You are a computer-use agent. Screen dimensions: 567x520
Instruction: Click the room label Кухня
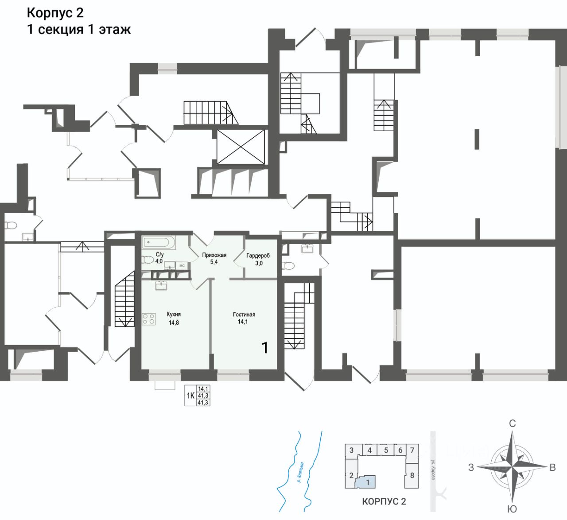click(174, 314)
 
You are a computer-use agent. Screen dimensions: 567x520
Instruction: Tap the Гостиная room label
click(244, 314)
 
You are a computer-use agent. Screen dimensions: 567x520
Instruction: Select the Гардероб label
click(258, 256)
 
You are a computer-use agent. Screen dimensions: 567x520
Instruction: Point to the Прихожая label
click(214, 255)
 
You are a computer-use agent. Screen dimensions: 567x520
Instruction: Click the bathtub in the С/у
click(159, 243)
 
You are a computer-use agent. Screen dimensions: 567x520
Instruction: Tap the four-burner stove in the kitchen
click(149, 319)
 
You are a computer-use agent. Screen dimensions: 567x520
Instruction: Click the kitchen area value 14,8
click(174, 322)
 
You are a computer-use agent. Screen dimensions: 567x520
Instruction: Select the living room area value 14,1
click(243, 322)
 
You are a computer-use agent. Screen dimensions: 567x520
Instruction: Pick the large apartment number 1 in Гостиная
click(265, 348)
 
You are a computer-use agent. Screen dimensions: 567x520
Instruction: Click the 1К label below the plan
click(190, 396)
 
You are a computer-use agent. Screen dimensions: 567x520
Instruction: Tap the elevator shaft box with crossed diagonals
click(241, 147)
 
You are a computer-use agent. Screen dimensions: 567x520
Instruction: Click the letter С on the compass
click(512, 423)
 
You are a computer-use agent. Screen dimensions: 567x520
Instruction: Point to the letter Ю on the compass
click(512, 509)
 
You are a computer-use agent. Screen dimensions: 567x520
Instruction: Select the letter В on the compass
click(552, 467)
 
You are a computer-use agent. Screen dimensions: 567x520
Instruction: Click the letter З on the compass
click(471, 467)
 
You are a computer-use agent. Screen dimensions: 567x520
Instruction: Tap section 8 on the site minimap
click(412, 475)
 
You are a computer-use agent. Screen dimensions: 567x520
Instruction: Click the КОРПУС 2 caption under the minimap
click(384, 501)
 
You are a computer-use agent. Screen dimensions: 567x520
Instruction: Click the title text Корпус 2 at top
click(55, 13)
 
